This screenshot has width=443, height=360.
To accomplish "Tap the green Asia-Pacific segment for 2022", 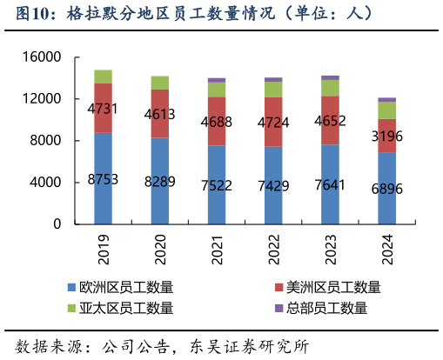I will [x=273, y=90].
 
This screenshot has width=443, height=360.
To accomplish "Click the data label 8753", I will [x=103, y=180].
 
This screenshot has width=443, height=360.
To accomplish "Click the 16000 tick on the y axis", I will [x=43, y=57].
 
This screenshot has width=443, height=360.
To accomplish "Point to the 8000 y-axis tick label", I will [x=46, y=141].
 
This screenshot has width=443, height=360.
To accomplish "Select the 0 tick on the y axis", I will [x=57, y=224].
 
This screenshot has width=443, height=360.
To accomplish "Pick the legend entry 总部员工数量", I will [x=327, y=308].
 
